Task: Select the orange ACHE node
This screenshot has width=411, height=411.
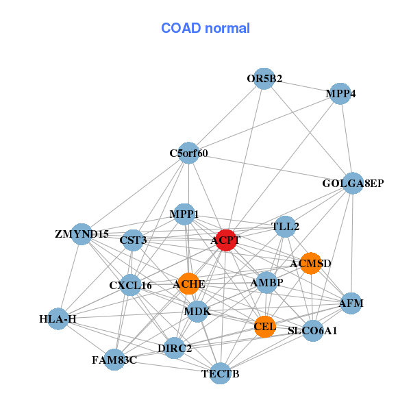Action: (x=188, y=284)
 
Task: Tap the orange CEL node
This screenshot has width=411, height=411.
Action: (x=264, y=326)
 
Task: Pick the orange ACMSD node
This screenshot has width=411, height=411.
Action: (x=310, y=263)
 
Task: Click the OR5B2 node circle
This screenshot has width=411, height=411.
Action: (x=264, y=79)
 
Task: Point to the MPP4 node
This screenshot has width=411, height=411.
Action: (x=340, y=93)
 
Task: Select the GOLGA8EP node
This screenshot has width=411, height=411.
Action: (x=352, y=183)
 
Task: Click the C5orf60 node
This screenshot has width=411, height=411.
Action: (x=188, y=153)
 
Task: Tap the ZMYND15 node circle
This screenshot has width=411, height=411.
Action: (x=82, y=234)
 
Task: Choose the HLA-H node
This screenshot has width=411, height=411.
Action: (x=58, y=319)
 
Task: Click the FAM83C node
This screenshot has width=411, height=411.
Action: (x=114, y=360)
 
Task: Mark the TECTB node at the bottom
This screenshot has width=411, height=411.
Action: (x=220, y=373)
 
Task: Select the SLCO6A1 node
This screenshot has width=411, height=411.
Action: (x=312, y=331)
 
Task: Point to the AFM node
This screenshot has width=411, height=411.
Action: (x=351, y=303)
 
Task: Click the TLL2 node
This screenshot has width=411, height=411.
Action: (x=285, y=226)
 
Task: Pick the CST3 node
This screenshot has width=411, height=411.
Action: (x=133, y=240)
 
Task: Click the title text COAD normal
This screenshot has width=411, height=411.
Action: (x=206, y=29)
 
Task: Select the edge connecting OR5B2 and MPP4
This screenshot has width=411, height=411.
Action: (x=302, y=86)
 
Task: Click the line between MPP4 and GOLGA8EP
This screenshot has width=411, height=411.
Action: (x=347, y=138)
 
